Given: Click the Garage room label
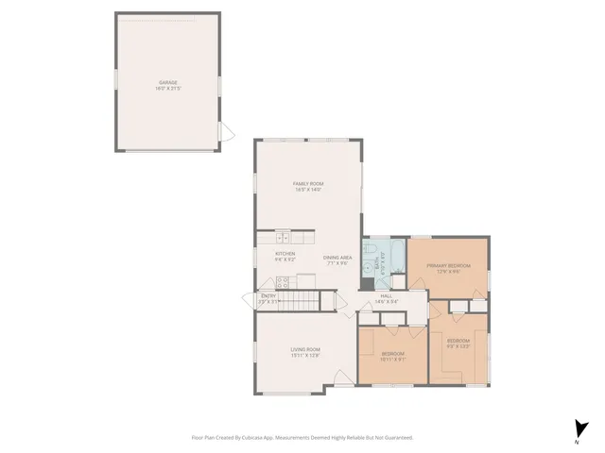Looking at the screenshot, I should pos(168,84).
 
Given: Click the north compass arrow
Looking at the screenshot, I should pos(577,428).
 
